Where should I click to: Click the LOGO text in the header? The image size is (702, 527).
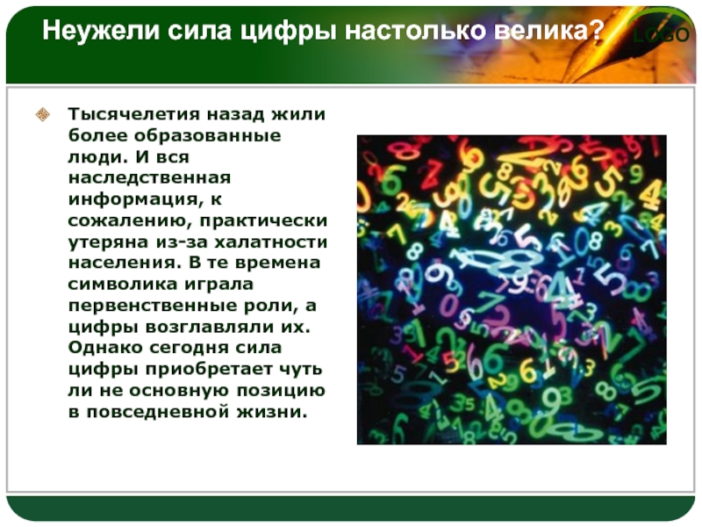pyautogui.click(x=662, y=34)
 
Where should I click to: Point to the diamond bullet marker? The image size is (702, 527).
pyautogui.click(x=42, y=114)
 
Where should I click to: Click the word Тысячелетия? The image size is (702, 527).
pyautogui.click(x=134, y=114)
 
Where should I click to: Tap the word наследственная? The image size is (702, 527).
pyautogui.click(x=149, y=178)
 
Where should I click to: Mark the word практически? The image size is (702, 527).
pyautogui.click(x=264, y=221)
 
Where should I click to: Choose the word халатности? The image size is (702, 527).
pyautogui.click(x=271, y=242)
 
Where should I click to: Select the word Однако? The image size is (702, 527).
pyautogui.click(x=105, y=348)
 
